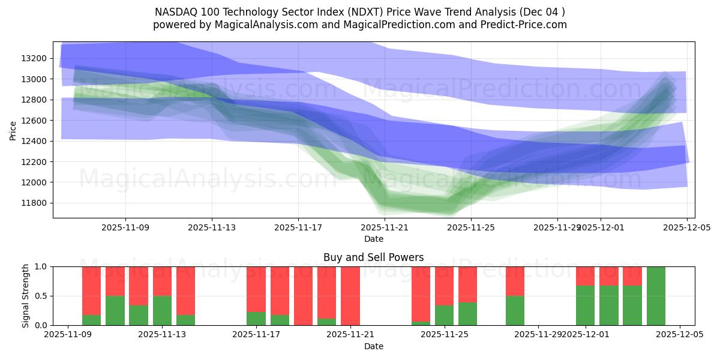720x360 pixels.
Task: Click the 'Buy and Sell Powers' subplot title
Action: pos(373,257)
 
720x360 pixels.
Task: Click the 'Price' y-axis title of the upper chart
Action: pos(13,130)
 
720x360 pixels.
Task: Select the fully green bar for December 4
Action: pos(656,296)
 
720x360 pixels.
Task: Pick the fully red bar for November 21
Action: pos(350,296)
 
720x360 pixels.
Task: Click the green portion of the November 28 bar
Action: pos(515,310)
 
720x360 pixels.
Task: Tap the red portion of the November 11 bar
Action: pos(115,281)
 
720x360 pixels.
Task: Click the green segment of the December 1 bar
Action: pos(585,305)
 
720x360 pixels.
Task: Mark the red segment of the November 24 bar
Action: pos(421,293)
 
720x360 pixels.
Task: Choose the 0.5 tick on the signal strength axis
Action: pos(41,296)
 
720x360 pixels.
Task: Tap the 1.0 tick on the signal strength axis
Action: pos(41,266)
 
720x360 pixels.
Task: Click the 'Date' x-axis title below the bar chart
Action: pos(373,346)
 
